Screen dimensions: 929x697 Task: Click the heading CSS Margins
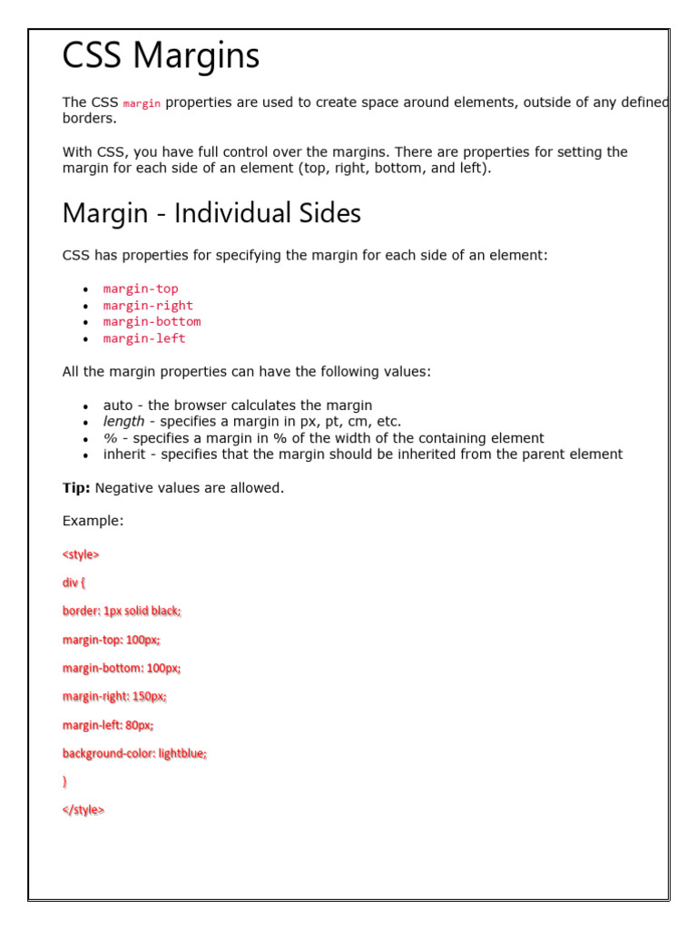[161, 56]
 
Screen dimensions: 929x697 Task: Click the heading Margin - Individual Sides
[211, 213]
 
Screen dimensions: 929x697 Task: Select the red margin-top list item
[141, 289]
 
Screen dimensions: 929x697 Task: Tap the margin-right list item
[148, 306]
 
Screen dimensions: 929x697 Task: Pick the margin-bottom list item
[152, 322]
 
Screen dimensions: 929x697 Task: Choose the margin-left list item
[144, 338]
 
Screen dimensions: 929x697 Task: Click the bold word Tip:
[76, 488]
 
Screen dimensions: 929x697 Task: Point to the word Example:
[93, 521]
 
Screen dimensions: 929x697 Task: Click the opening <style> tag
[81, 554]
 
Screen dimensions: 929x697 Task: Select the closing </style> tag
[83, 810]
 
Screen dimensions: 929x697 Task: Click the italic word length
[123, 422]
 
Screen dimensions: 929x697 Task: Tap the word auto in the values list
[118, 406]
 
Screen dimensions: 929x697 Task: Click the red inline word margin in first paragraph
[142, 103]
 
